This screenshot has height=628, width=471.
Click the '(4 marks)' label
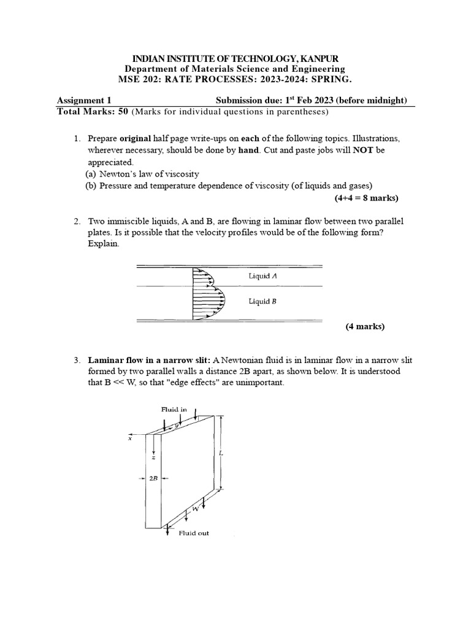tap(365, 326)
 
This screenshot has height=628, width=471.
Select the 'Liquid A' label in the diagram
tap(262, 276)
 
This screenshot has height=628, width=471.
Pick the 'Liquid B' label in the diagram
tap(262, 301)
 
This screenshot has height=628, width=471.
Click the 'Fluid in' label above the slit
tap(174, 408)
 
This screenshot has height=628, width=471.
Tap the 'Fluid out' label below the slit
tap(194, 533)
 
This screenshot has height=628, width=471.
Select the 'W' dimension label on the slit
tap(195, 508)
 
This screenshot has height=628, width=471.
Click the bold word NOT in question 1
tap(362, 150)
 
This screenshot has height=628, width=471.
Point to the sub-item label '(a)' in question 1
tap(91, 174)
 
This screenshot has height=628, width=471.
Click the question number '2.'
tap(77, 220)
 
